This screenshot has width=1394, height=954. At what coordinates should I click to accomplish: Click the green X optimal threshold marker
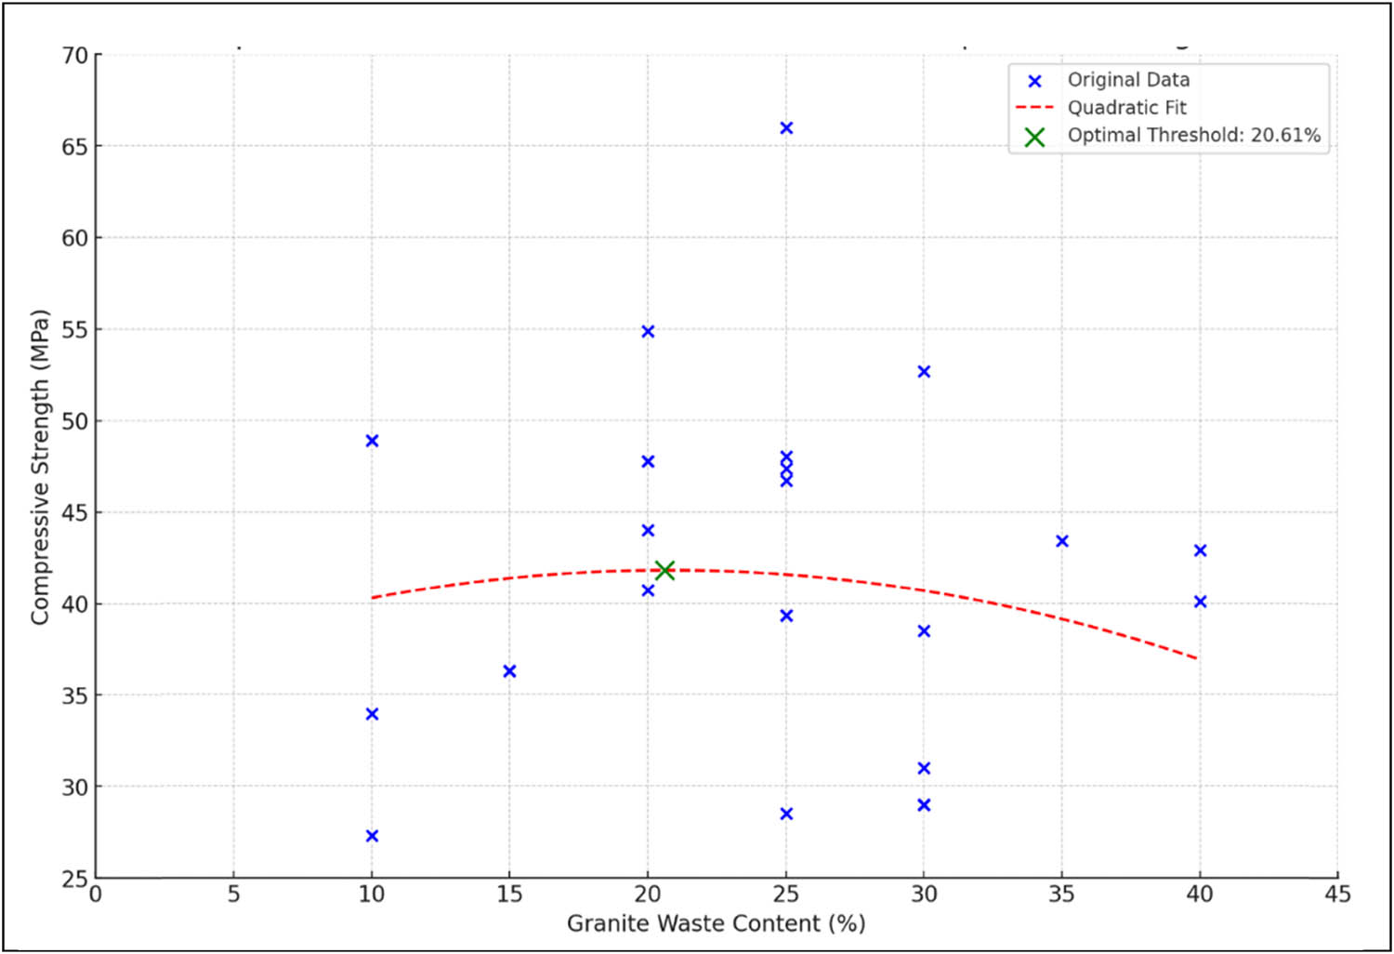[664, 570]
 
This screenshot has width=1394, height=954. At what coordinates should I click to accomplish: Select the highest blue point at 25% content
[786, 128]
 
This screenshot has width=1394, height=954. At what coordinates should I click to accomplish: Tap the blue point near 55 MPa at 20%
[648, 332]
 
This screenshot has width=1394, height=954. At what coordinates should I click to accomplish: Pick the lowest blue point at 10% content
[372, 836]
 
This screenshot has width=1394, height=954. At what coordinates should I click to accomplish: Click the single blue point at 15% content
[509, 671]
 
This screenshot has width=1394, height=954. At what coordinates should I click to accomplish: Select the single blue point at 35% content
[1062, 541]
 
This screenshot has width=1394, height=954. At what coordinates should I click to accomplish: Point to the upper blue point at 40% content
[1200, 551]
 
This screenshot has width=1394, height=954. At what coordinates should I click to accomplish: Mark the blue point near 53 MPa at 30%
[924, 372]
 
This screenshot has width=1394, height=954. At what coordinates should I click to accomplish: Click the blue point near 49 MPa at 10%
[372, 441]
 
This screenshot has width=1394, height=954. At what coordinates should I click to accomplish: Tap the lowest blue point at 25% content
[786, 814]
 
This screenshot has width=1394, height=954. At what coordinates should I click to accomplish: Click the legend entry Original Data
[1128, 80]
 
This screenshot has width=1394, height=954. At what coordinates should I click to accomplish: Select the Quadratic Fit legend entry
[1126, 108]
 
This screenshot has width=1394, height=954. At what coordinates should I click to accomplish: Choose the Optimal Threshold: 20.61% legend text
[1193, 135]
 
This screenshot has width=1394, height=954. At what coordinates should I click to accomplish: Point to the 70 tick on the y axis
[75, 56]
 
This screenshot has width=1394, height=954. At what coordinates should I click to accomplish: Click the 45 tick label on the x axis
[1337, 894]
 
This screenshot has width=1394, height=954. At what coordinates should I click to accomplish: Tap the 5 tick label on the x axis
[233, 894]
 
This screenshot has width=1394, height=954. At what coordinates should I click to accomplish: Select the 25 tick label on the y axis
[75, 879]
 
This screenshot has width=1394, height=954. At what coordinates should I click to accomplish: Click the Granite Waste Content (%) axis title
[716, 923]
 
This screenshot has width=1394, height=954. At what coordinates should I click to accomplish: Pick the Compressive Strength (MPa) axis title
[39, 467]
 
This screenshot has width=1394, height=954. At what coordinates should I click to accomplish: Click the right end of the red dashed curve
[1196, 658]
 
